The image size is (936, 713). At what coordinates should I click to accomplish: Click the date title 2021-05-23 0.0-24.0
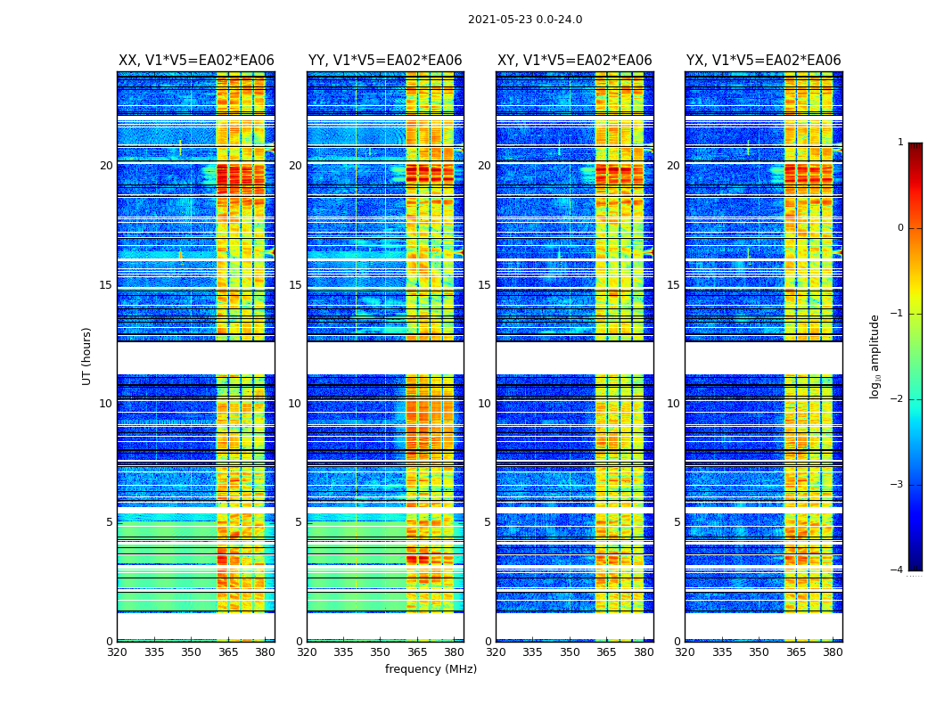tap(525, 20)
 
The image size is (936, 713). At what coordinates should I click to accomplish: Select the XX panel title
tap(196, 61)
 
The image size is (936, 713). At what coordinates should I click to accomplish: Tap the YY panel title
tap(385, 61)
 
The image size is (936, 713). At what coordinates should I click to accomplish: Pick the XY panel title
tap(575, 61)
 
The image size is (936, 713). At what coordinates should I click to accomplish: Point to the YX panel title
tap(764, 61)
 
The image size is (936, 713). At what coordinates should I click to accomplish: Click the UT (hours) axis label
tap(87, 356)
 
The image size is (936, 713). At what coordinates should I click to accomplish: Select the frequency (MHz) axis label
tap(431, 669)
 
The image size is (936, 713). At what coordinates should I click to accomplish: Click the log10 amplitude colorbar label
tap(875, 356)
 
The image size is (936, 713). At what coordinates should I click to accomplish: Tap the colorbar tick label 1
tap(900, 143)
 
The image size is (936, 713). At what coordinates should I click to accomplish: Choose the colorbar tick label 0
tap(900, 228)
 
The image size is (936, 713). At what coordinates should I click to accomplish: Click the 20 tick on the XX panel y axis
tap(106, 166)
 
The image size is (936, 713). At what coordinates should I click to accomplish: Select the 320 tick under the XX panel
tap(117, 652)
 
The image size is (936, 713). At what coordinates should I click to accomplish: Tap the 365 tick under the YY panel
tap(418, 652)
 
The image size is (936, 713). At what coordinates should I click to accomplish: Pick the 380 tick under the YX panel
tap(833, 652)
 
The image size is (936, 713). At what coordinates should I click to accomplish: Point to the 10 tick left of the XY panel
tap(485, 404)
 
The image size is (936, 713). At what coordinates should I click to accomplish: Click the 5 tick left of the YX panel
tap(677, 522)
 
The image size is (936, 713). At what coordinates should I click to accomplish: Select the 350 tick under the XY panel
tap(570, 652)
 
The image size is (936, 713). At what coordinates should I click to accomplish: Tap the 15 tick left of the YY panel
tap(295, 285)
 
